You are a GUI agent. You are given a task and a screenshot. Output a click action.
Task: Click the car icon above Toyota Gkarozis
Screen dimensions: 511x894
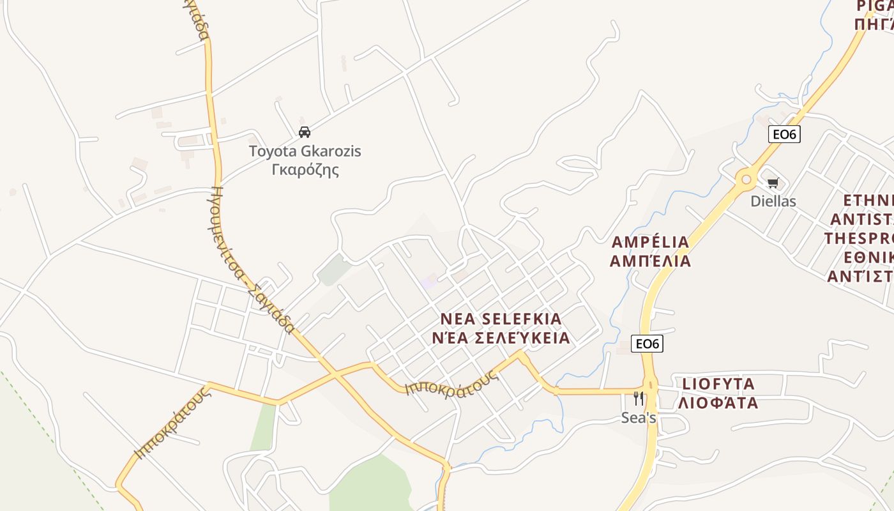coord(305,132)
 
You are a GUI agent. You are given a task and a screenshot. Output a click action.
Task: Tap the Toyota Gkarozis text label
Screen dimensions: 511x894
coord(305,151)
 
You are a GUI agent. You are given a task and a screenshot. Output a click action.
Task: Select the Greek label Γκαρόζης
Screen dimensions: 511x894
coord(305,170)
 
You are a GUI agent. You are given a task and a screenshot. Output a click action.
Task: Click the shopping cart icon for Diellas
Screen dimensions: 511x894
coord(773,183)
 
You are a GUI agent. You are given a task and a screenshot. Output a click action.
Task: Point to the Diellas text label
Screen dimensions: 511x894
coord(773,201)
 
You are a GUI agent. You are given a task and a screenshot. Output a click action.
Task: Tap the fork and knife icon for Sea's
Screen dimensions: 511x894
coord(638,399)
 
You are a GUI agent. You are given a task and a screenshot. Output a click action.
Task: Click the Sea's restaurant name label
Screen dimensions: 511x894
coord(639,418)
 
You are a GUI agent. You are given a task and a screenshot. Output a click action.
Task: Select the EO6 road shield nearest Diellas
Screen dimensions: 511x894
coord(784,134)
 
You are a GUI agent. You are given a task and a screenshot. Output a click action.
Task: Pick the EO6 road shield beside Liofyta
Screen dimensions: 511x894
coord(647,344)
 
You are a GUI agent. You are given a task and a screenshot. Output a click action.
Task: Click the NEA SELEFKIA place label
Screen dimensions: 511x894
coord(501,319)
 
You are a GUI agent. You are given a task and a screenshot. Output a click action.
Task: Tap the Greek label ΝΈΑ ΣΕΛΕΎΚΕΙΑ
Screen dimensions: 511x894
coord(501,338)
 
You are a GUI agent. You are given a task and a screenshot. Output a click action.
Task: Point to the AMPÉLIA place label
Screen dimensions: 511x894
coord(650,242)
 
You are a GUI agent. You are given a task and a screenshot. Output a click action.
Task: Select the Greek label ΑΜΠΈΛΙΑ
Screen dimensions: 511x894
coord(650,261)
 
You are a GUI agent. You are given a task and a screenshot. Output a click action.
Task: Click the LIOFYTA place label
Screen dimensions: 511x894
coord(718,384)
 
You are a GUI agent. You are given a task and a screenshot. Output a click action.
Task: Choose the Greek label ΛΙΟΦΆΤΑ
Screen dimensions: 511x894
coord(718,403)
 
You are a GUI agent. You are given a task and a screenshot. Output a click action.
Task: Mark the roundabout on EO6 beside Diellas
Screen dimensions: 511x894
coord(745,179)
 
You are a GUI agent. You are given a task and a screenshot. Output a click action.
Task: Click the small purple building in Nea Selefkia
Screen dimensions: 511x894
coord(429,280)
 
